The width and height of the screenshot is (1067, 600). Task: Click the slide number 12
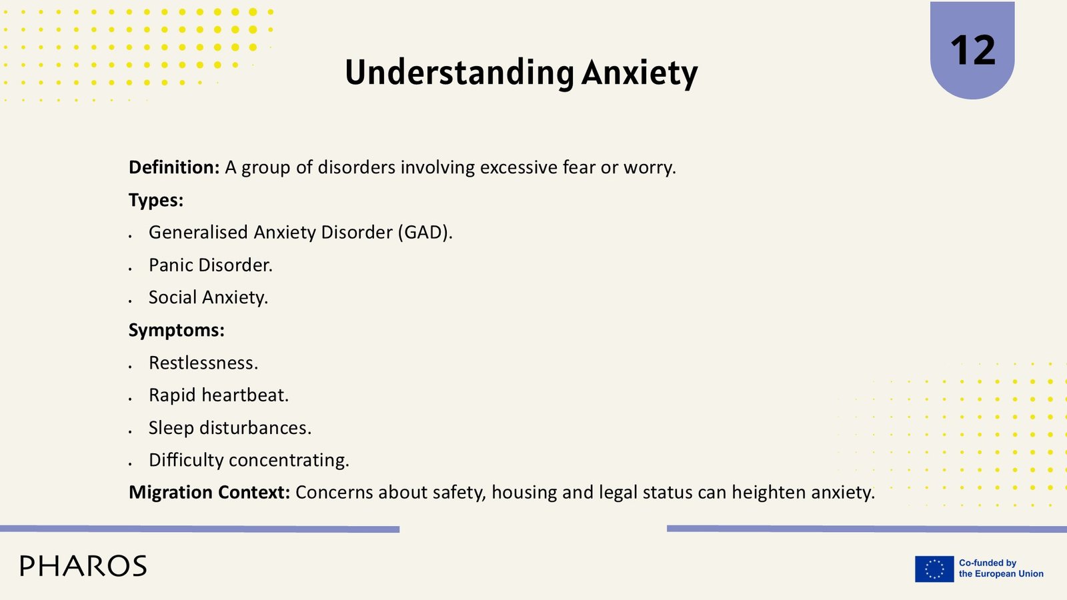tap(973, 51)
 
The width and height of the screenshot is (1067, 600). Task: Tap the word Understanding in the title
tap(459, 73)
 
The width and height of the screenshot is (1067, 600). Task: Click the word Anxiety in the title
tap(640, 73)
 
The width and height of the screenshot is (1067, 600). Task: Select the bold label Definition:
tap(174, 167)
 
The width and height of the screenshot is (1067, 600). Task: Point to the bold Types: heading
tap(156, 200)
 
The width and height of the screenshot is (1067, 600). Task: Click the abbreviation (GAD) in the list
tap(425, 233)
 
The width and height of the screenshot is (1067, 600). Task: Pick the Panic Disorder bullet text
tap(211, 265)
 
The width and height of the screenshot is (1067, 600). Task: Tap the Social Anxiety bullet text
tap(208, 297)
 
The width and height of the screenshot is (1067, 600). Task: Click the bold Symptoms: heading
tap(176, 330)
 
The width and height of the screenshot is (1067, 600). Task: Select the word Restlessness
tap(203, 363)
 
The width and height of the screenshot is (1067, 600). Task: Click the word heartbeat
tap(245, 395)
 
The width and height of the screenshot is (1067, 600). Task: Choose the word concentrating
tap(289, 460)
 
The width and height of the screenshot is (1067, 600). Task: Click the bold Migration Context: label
tap(209, 493)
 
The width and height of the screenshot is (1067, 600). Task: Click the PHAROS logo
tap(83, 566)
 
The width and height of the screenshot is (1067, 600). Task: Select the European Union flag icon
tap(934, 569)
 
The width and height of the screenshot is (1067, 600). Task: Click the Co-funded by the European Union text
tap(1001, 569)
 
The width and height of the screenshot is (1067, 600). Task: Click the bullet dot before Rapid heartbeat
tap(130, 399)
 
